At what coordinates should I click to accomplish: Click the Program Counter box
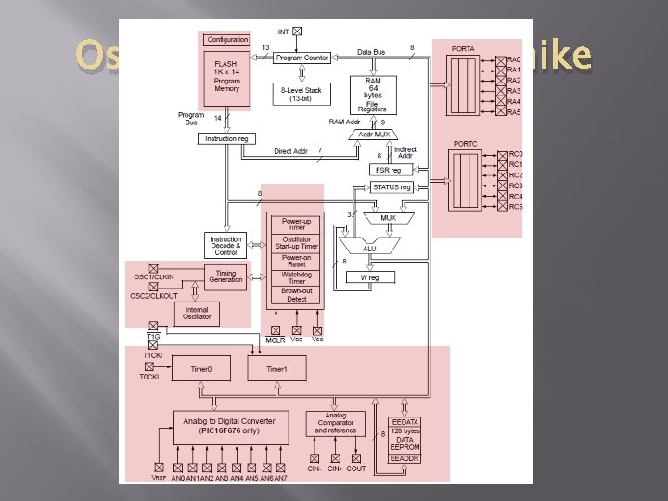point(303,58)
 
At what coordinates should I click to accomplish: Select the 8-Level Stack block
point(303,94)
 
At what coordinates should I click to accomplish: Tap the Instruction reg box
point(225,138)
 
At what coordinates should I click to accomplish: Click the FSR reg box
point(388,170)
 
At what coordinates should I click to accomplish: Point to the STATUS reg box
point(391,187)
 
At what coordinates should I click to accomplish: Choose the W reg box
point(371,277)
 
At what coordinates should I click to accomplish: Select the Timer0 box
point(201,369)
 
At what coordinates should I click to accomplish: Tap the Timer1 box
point(276,369)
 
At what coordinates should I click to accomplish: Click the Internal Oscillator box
point(197,314)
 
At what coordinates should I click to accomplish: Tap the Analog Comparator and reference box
point(336,424)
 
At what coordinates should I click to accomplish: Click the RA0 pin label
point(515,58)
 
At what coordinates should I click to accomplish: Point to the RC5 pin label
point(517,207)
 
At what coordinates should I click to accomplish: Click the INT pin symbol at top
point(297,32)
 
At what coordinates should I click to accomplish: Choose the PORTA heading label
point(463,49)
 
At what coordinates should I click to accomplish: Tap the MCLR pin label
point(275,340)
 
